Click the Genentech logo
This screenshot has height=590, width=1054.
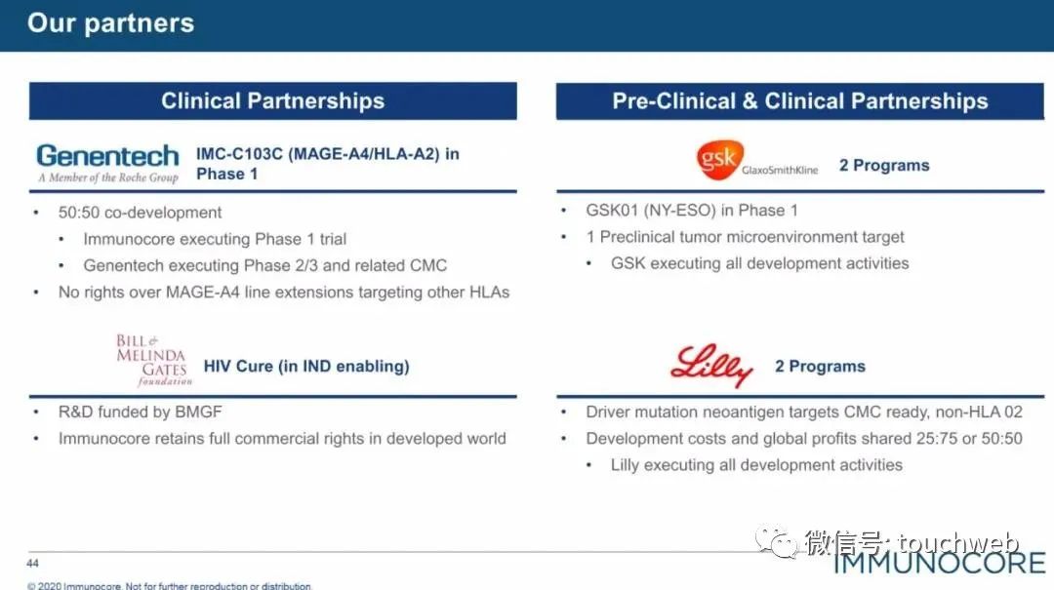click(107, 163)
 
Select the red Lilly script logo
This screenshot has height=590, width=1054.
click(711, 366)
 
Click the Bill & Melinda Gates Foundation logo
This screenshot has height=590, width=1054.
click(154, 360)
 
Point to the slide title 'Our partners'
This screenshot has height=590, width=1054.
click(111, 22)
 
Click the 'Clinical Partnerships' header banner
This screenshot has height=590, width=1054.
click(273, 100)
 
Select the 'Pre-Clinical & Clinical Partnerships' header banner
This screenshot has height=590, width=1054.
click(800, 100)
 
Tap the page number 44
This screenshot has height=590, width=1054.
click(33, 563)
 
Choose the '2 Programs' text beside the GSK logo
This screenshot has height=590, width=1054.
click(884, 166)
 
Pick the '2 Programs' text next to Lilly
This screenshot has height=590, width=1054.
click(820, 367)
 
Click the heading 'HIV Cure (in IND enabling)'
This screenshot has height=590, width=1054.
click(306, 367)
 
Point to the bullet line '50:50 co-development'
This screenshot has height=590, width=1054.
click(140, 213)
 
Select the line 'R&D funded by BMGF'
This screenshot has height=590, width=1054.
click(140, 412)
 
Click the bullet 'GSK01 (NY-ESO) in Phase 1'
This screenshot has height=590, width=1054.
click(692, 211)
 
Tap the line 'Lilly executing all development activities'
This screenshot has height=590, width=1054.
click(756, 465)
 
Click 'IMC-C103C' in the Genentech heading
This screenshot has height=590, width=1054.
click(239, 154)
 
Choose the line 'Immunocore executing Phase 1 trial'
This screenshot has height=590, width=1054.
click(215, 239)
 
